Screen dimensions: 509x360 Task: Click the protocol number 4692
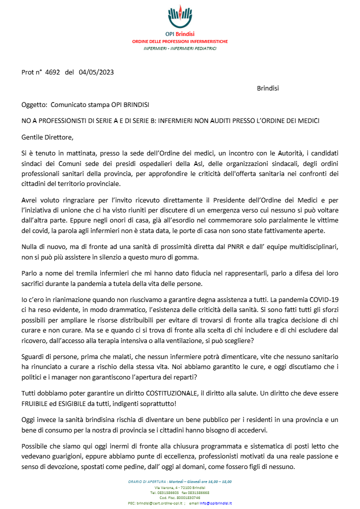(x=52, y=72)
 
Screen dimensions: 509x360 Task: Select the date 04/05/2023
(x=96, y=72)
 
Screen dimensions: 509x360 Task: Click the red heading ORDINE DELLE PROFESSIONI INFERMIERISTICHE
(x=180, y=41)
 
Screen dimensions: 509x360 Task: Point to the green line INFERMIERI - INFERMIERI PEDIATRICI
(x=180, y=48)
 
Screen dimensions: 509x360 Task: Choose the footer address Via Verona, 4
(x=164, y=487)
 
